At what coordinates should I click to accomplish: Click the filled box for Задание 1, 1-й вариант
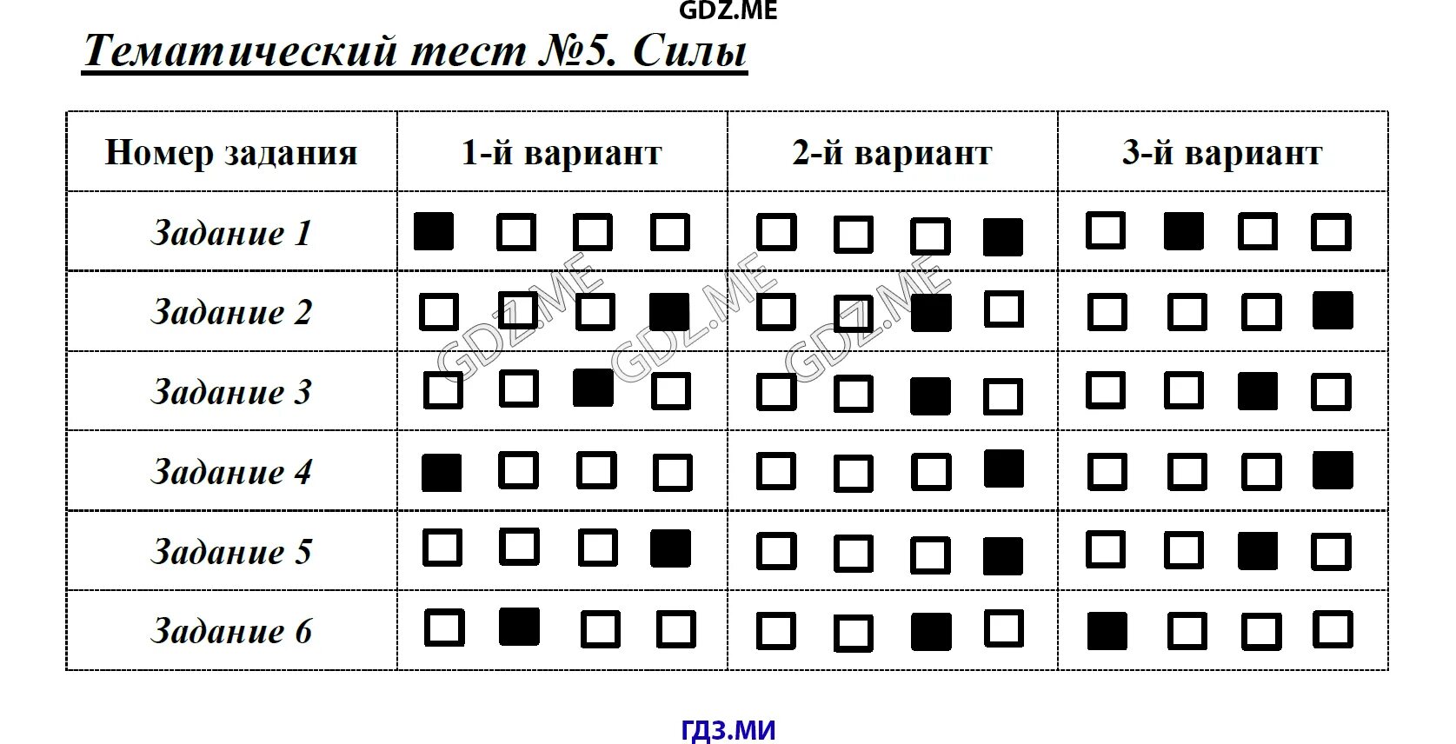coord(434,232)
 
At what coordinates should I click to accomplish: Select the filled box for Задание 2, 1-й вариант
coord(669,312)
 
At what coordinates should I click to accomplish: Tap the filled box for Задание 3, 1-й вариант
coord(593,388)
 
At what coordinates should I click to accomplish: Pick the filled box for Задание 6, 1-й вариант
coord(519,627)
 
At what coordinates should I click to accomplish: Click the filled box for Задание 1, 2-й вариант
coord(1003,236)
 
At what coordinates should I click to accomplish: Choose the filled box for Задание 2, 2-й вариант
coord(930,313)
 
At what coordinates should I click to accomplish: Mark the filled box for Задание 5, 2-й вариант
coord(1003,556)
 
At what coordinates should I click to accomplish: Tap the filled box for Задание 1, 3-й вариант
coord(1184,231)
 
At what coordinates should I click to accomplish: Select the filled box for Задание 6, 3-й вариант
coord(1107,631)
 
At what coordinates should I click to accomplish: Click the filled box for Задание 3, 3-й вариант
coord(1258,391)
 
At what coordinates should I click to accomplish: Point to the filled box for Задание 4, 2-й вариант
coord(1004,468)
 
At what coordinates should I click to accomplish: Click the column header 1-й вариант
coord(562,153)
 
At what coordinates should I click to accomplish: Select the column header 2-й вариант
coord(892,153)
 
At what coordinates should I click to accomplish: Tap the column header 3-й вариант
coord(1222,153)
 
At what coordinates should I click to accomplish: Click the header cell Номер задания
coord(231,153)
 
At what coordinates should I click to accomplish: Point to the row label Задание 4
coord(231,472)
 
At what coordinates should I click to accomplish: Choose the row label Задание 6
coord(231,631)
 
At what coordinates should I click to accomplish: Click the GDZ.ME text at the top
coord(728,10)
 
